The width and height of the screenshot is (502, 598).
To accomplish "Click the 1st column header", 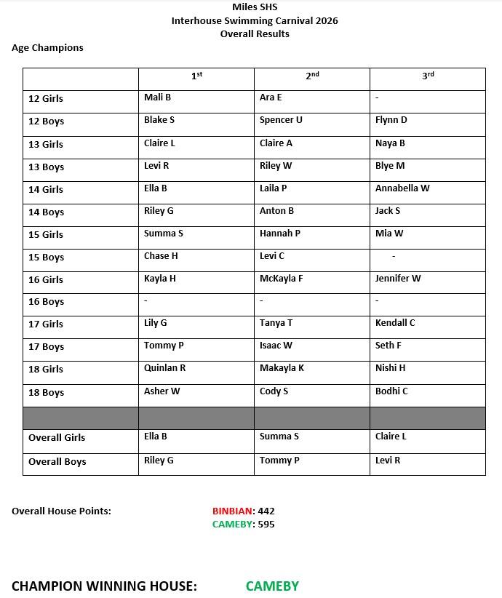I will tap(196, 76).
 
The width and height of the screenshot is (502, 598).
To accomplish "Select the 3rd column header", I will tap(428, 76).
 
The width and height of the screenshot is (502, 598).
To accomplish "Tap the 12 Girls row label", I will tap(46, 99).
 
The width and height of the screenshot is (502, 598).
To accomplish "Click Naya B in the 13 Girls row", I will tap(390, 143).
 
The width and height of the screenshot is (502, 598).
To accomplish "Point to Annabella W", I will tap(402, 188).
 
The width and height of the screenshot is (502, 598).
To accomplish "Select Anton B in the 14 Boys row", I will tap(276, 211).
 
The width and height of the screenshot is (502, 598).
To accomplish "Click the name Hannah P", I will tap(280, 234).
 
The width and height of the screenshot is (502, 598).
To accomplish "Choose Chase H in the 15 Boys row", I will tap(161, 256).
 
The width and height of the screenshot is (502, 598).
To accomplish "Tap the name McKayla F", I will tap(281, 279).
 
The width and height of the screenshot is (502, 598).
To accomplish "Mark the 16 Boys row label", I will tap(46, 302).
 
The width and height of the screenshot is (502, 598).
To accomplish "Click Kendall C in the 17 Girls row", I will tap(395, 323).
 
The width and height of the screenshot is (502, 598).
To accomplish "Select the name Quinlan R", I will tap(164, 368).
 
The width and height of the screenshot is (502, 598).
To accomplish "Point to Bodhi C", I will tap(391, 391).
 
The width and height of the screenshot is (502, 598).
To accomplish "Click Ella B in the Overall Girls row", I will tap(156, 436).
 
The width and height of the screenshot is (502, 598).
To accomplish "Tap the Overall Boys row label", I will tap(57, 462).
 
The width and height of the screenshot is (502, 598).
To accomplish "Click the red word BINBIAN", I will tap(232, 511).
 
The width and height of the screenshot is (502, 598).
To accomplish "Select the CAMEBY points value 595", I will tap(266, 525).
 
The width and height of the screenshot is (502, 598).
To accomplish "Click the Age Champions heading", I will tap(47, 48).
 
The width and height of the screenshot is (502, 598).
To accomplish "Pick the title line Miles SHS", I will tap(255, 8).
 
